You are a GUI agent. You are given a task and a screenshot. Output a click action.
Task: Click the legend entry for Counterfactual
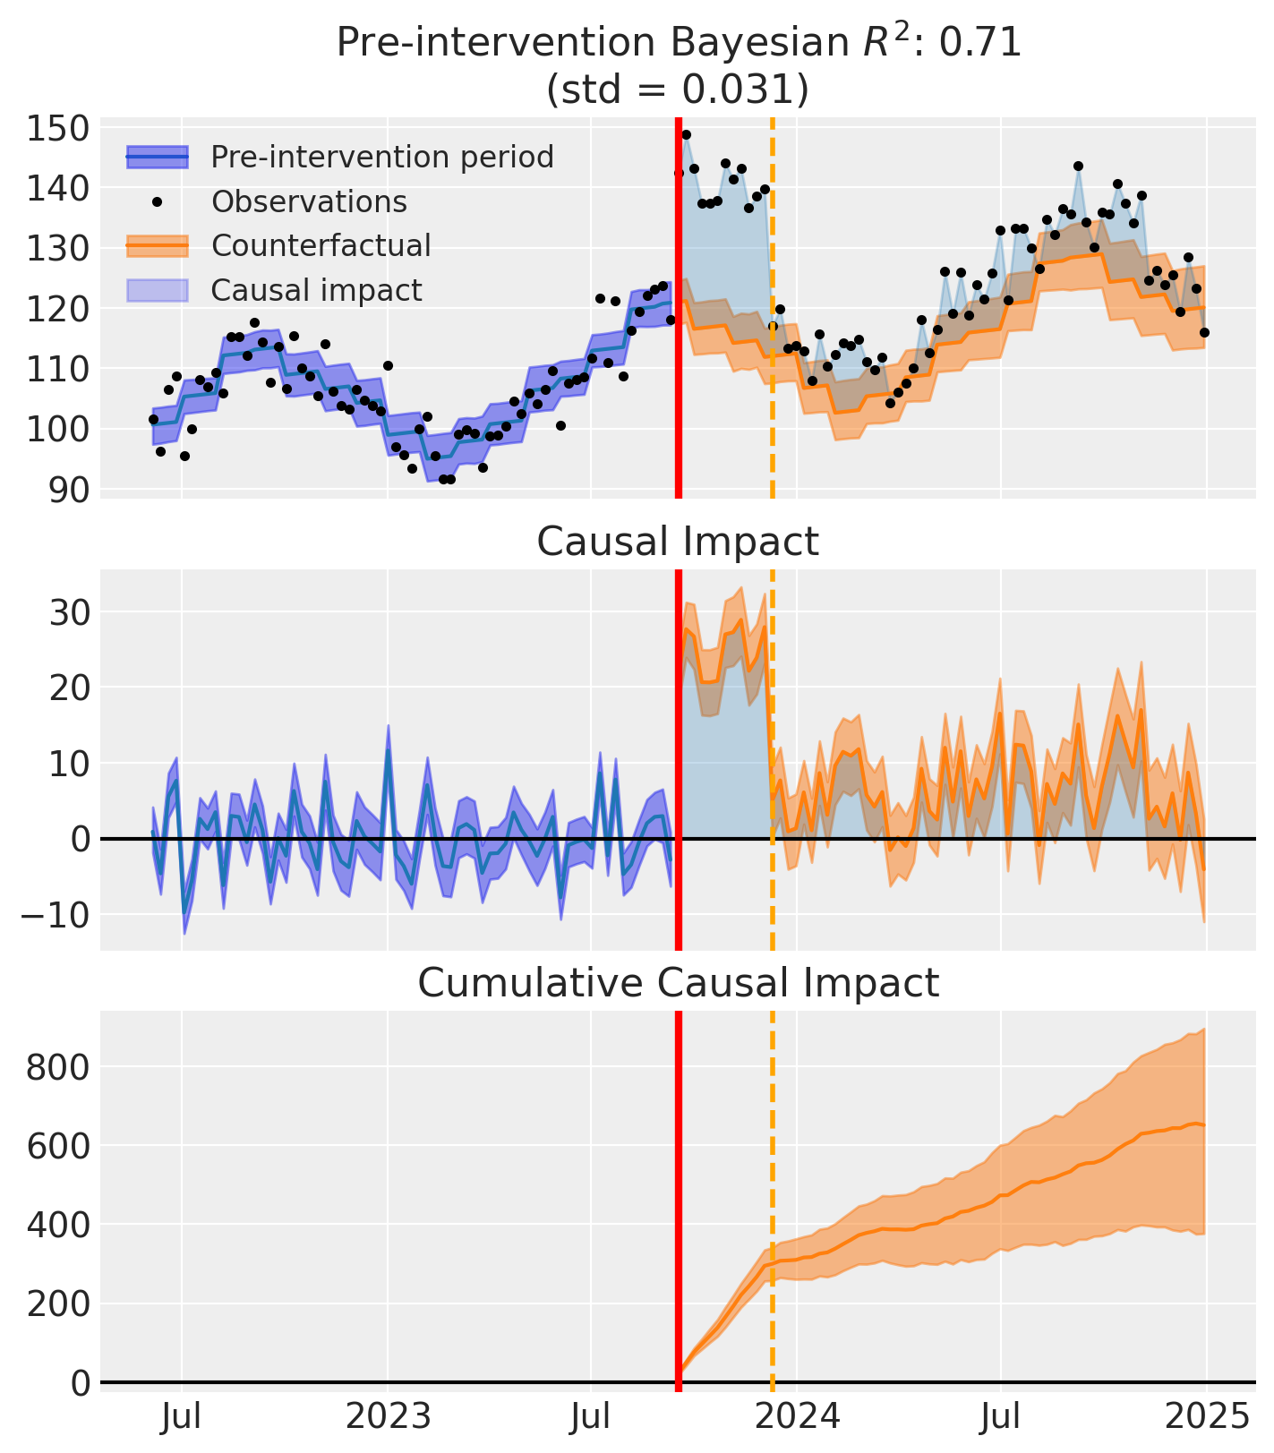pos(321,245)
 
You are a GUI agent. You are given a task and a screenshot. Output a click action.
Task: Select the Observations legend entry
pos(309,201)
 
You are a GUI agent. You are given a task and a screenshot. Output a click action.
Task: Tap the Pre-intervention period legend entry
pos(382,157)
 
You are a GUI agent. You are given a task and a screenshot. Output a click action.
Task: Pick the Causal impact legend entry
pos(316,290)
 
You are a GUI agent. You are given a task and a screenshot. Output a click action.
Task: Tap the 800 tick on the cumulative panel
pos(57,1067)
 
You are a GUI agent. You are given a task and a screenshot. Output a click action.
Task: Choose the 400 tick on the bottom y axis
pos(57,1225)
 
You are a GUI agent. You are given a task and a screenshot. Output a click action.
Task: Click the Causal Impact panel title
pos(678,542)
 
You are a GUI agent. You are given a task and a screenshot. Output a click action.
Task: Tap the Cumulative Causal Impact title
pos(678,983)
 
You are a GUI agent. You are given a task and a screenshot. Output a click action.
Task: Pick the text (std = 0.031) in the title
pos(678,90)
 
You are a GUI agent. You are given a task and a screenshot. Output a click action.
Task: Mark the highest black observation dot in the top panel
pos(686,135)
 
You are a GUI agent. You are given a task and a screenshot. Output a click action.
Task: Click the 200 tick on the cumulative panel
pos(57,1303)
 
